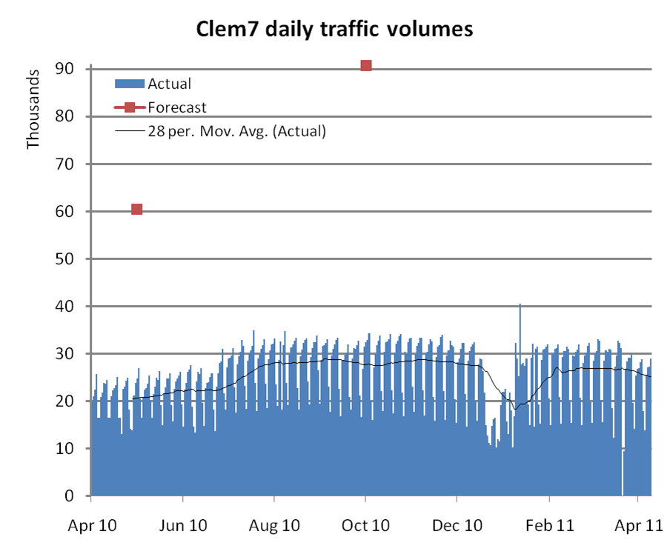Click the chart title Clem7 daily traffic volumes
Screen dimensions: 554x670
point(334,29)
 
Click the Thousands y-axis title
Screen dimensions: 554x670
point(33,110)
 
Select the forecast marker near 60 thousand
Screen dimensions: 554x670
point(136,210)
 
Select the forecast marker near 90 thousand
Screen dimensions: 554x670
point(365,66)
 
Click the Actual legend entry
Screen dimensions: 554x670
point(169,83)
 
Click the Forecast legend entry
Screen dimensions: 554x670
point(176,107)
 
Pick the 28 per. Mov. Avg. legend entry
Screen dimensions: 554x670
point(236,131)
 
